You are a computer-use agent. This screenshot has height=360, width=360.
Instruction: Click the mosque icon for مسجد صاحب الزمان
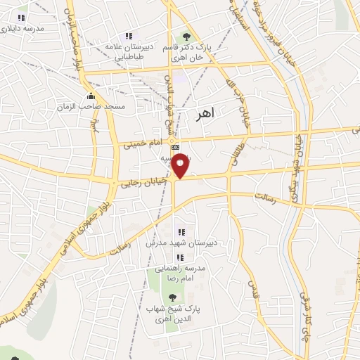[90, 96]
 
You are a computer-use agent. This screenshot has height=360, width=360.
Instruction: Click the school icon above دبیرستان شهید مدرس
[181, 231]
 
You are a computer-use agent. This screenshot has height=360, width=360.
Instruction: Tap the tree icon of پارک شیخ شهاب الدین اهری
[171, 298]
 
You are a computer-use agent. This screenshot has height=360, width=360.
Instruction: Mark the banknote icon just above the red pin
[175, 148]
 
